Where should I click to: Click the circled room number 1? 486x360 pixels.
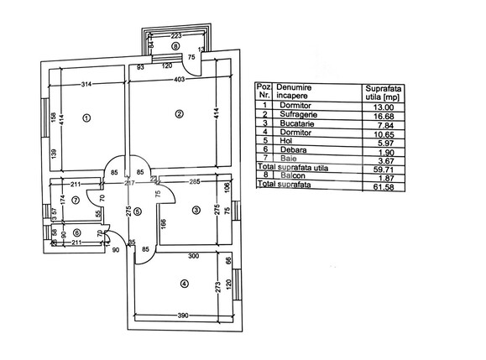pyautogui.click(x=86, y=118)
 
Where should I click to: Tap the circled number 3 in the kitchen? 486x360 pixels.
pyautogui.click(x=195, y=210)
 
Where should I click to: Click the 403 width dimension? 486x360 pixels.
pyautogui.click(x=180, y=80)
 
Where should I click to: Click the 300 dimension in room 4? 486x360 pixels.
pyautogui.click(x=194, y=255)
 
